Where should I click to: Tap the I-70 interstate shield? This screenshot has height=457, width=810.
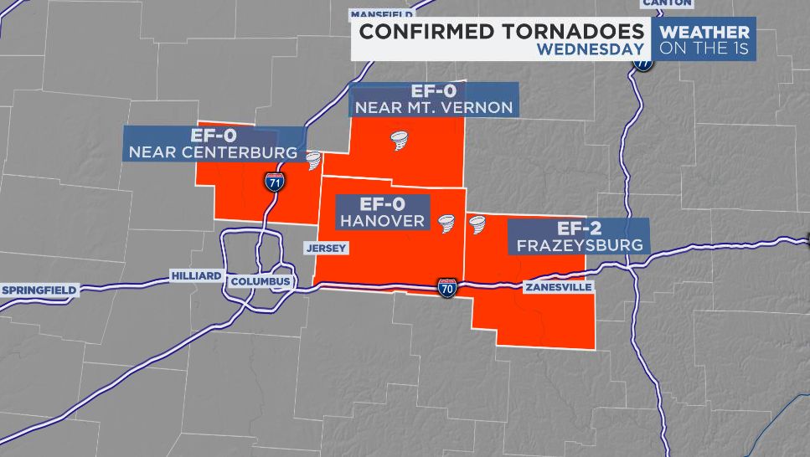[447, 288]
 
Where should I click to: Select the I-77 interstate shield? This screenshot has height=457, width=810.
[642, 61]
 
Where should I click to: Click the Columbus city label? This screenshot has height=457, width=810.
[261, 281]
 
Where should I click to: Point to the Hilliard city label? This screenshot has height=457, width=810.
[196, 275]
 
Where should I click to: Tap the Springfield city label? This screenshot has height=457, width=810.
[39, 290]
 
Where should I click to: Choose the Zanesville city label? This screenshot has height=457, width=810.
[558, 287]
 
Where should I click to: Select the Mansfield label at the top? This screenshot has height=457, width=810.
[381, 14]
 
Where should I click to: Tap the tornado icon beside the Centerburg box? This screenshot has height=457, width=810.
[313, 160]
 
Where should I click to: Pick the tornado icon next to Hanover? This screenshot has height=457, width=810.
[446, 224]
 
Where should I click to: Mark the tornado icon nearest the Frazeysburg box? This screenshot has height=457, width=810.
[478, 224]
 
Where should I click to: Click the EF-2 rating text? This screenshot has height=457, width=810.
[580, 228]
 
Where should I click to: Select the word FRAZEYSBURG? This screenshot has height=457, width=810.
[580, 245]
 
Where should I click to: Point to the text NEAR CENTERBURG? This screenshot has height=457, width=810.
[213, 153]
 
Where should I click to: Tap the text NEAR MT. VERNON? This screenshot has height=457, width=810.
[433, 108]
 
